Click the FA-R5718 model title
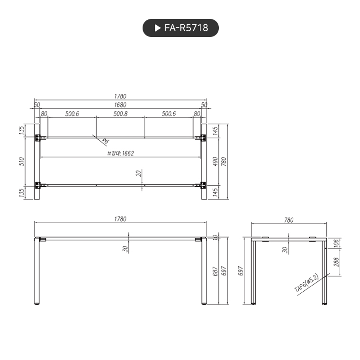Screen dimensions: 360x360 (186, 28)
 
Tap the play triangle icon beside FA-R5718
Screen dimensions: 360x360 (158, 28)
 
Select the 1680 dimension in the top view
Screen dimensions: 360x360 (120, 105)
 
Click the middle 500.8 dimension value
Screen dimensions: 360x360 (120, 114)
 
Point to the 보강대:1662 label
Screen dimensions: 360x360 (120, 153)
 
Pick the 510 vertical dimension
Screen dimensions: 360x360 (21, 162)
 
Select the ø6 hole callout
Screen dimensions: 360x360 (105, 141)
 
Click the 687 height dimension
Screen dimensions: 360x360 (216, 271)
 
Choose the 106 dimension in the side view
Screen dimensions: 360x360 (337, 243)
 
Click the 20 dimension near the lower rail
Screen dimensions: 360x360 (138, 173)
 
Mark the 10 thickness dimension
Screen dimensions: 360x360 (216, 237)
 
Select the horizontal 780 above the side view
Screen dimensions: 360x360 (288, 220)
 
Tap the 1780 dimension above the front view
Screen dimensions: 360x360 (120, 219)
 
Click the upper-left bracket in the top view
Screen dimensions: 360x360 (39, 138)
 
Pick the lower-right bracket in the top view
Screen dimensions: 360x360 (202, 185)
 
